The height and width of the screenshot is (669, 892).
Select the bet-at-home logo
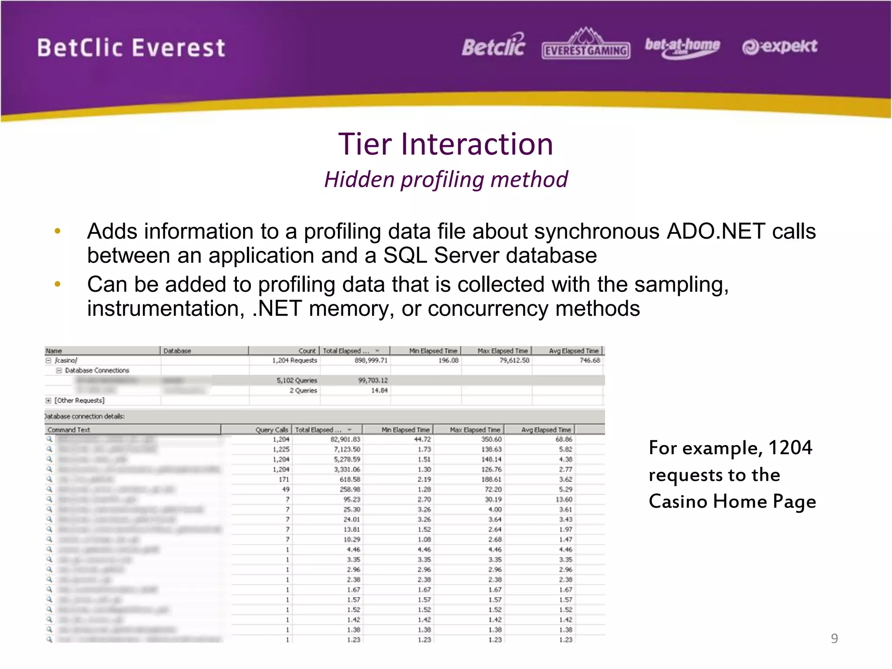click(682, 47)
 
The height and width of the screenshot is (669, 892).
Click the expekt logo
click(780, 46)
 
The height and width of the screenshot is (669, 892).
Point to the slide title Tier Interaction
click(446, 144)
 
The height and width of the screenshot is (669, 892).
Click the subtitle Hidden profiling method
click(446, 179)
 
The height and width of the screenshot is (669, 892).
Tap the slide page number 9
click(834, 638)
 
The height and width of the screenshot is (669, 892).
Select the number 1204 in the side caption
click(790, 448)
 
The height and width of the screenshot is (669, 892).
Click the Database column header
click(177, 351)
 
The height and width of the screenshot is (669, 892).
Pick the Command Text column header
click(69, 430)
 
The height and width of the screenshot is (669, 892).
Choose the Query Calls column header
click(271, 430)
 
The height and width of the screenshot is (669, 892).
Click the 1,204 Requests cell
click(294, 361)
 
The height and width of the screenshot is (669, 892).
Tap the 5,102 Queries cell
click(297, 380)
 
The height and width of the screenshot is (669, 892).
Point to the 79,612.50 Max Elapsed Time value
click(514, 361)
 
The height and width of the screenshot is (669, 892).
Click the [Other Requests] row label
click(79, 400)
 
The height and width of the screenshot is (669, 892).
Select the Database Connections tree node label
click(97, 371)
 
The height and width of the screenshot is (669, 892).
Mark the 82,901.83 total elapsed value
click(345, 439)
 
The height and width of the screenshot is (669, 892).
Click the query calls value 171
click(284, 480)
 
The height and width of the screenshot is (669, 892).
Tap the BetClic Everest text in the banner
click(131, 48)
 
